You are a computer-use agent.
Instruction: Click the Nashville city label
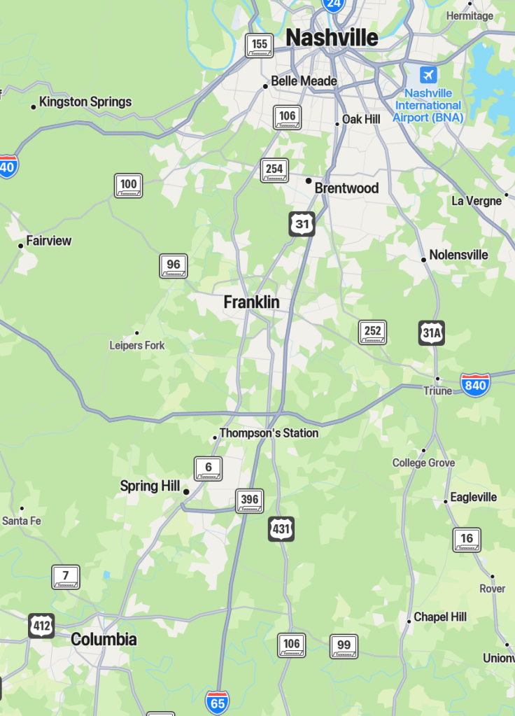click(x=332, y=38)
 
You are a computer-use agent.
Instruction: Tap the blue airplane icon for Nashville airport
click(x=428, y=75)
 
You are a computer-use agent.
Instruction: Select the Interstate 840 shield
click(x=475, y=384)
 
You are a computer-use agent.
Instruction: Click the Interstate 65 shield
click(x=217, y=701)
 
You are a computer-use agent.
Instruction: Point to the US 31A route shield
click(x=432, y=333)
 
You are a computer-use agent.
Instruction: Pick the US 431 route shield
click(x=281, y=529)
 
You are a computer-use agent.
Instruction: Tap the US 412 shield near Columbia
click(x=41, y=626)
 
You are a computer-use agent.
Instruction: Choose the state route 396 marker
click(x=249, y=500)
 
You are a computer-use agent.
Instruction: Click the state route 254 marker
click(x=274, y=170)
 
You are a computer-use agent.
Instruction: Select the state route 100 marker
click(x=129, y=185)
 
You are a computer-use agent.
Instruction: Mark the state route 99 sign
click(x=344, y=646)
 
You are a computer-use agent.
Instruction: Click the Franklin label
click(x=251, y=302)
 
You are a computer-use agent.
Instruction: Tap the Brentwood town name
click(x=346, y=188)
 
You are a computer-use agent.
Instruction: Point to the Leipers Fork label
click(x=137, y=345)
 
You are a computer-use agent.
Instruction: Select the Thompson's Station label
click(x=269, y=433)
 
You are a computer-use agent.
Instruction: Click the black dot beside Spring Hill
click(x=186, y=492)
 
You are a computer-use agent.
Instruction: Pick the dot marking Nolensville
click(x=423, y=260)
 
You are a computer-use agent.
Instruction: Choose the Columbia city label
click(x=104, y=639)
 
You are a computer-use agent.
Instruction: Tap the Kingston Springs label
click(x=85, y=102)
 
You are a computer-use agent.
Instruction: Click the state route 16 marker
click(x=467, y=540)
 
